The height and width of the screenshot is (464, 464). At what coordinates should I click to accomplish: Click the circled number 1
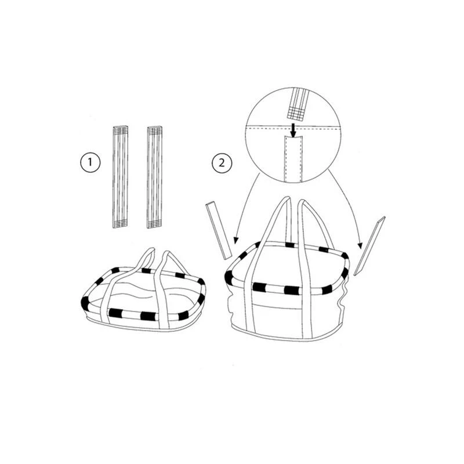click(90, 162)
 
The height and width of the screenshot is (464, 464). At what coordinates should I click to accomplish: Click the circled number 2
click(222, 163)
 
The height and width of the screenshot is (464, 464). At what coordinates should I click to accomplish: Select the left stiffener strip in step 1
click(120, 177)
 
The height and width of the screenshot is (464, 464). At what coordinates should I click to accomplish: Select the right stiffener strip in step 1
click(155, 177)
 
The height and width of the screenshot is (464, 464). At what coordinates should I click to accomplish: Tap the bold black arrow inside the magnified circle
click(293, 130)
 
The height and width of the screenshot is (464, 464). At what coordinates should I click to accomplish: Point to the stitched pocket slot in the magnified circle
click(292, 158)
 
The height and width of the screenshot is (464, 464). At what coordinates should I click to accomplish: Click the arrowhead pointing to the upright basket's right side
click(360, 245)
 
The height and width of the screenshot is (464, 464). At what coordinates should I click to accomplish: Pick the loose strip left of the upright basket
click(219, 230)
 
